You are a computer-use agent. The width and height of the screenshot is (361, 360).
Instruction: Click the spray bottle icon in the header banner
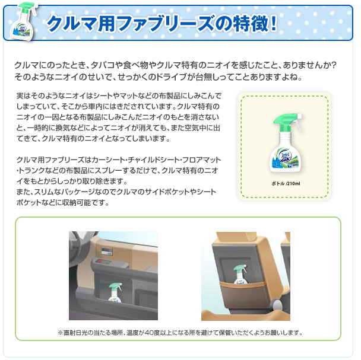coord(23,22)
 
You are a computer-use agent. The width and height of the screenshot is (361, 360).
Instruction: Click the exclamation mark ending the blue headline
coord(274,23)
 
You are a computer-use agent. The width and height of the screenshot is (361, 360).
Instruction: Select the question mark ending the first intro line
coord(333,65)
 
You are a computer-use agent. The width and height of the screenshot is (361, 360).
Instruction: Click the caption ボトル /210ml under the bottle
coord(286,183)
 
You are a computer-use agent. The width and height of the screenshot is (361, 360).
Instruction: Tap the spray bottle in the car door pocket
coord(115,292)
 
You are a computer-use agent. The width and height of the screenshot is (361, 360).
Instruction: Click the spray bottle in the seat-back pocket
coord(240,274)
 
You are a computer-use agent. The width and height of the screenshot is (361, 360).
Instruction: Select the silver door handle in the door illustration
coord(107,251)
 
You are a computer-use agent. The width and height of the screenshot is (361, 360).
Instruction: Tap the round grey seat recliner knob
coord(278,304)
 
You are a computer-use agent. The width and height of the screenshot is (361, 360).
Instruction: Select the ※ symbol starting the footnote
coord(61,333)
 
